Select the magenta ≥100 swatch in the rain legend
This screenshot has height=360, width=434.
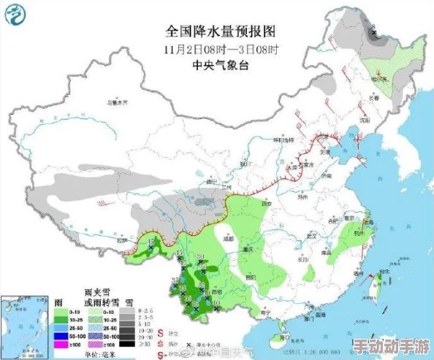(x=61, y=344)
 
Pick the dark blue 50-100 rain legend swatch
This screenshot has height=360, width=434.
(x=61, y=336)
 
